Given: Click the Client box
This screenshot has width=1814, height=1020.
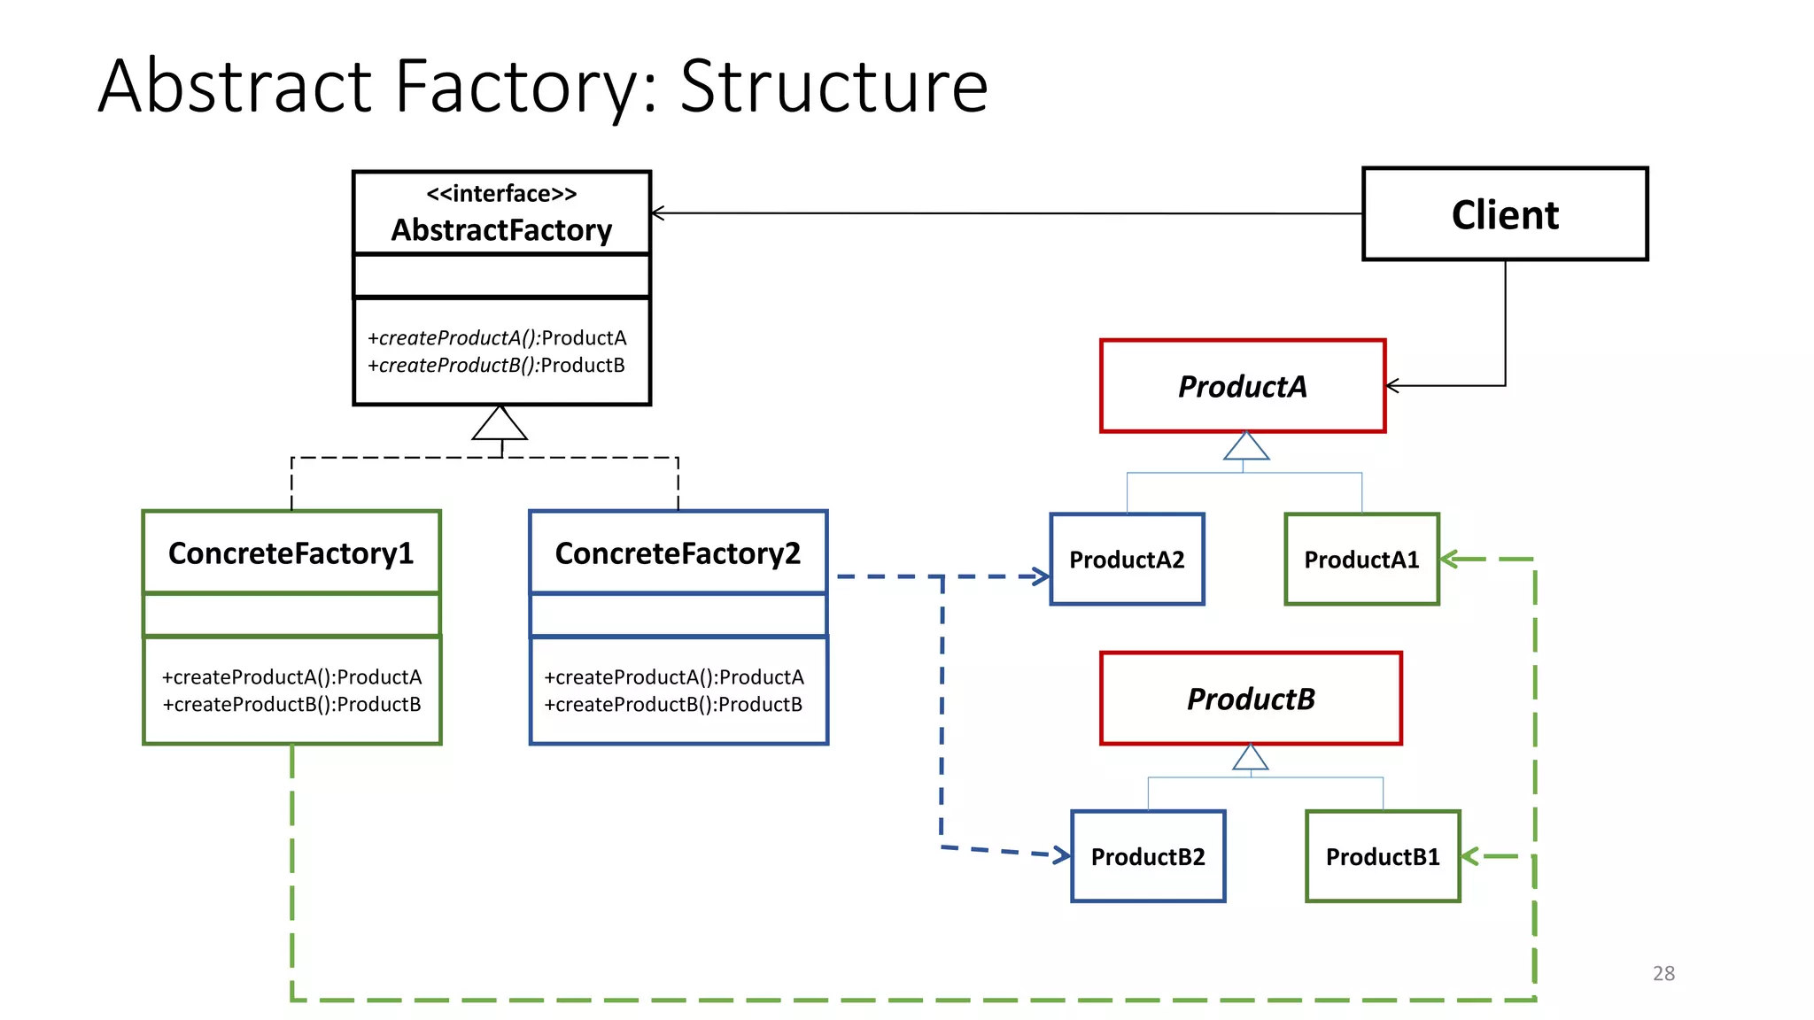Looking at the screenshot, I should click(x=1504, y=214).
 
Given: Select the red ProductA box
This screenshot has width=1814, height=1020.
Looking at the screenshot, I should click(x=1242, y=386).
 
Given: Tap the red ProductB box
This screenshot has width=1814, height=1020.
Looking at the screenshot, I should click(x=1250, y=699).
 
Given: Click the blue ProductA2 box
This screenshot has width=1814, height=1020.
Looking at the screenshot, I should click(x=1126, y=560).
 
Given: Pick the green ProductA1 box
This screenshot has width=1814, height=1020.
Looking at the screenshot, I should click(x=1360, y=560).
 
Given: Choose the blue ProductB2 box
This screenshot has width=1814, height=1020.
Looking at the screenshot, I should click(x=1147, y=856).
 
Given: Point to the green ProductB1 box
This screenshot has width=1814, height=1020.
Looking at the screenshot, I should click(x=1382, y=856).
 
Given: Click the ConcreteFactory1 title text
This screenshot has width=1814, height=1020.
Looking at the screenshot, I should click(x=291, y=553).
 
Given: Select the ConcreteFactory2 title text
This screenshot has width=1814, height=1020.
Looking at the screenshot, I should click(x=678, y=553).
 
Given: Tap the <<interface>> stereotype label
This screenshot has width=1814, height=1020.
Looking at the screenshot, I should click(x=501, y=193).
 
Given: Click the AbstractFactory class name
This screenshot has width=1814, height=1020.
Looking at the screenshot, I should click(x=501, y=230).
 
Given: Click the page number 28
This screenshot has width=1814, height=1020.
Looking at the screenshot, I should click(x=1663, y=973).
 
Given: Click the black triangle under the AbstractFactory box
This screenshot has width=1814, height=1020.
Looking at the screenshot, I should click(x=500, y=425).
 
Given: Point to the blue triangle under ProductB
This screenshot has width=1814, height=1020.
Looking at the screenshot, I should click(x=1250, y=758).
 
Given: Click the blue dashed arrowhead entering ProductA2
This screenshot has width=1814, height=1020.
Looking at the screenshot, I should click(x=1042, y=576).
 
